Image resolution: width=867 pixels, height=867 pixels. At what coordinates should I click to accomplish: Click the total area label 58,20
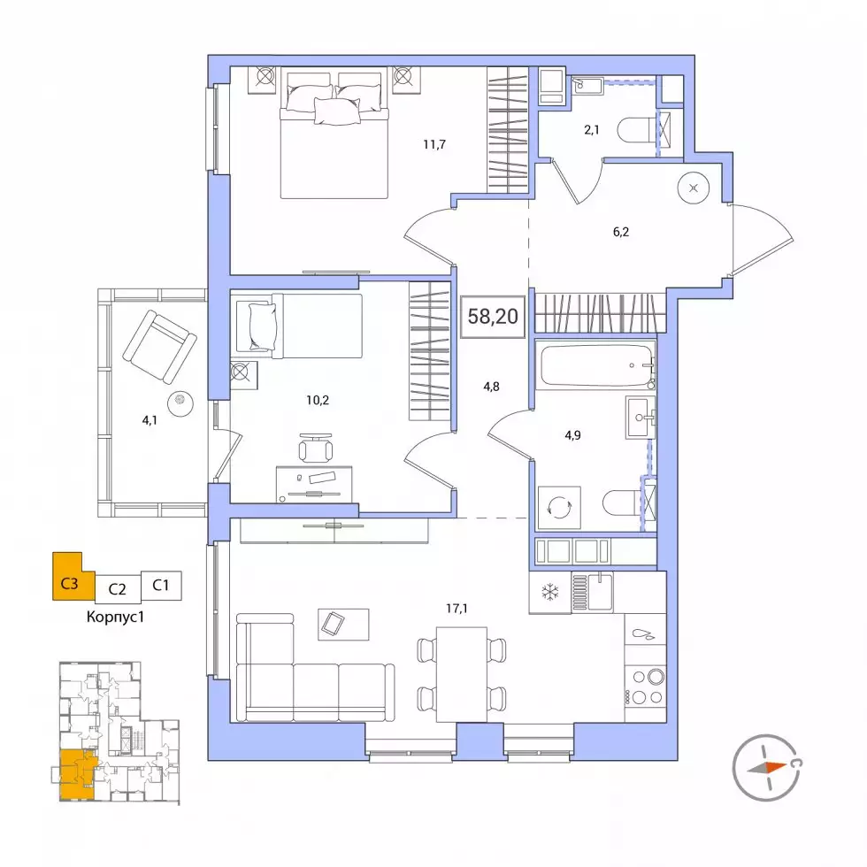[x=493, y=317]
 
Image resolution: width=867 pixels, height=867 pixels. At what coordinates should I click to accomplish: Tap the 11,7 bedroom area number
[x=434, y=145]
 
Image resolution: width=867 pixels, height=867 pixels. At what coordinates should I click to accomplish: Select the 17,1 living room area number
[x=457, y=609]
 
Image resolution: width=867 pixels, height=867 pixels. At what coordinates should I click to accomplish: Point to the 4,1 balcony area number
[x=150, y=420]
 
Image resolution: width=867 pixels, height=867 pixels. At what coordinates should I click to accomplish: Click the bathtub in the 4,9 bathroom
[x=597, y=365]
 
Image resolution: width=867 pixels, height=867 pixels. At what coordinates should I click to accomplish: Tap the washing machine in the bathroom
[x=559, y=507]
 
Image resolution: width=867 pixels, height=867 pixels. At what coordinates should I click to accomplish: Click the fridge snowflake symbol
[x=549, y=593]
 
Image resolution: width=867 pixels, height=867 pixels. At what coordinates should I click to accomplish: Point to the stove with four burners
[x=645, y=687]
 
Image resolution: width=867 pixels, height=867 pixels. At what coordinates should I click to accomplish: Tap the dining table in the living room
[x=461, y=674]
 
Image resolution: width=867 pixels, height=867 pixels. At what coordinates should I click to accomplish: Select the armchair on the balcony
[x=159, y=346]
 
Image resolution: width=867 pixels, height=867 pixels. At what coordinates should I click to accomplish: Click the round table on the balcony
[x=180, y=403]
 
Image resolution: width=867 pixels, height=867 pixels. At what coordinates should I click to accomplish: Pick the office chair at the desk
[x=315, y=447]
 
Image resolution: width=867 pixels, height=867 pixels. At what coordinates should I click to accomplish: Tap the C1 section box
[x=161, y=586]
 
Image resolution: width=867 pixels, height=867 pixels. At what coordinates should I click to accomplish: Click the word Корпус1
[x=115, y=617]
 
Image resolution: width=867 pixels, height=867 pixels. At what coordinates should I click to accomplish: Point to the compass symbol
[x=766, y=768]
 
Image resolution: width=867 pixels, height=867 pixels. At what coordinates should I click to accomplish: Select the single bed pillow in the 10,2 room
[x=262, y=326]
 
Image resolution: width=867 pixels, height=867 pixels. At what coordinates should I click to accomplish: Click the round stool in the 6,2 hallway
[x=694, y=188]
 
